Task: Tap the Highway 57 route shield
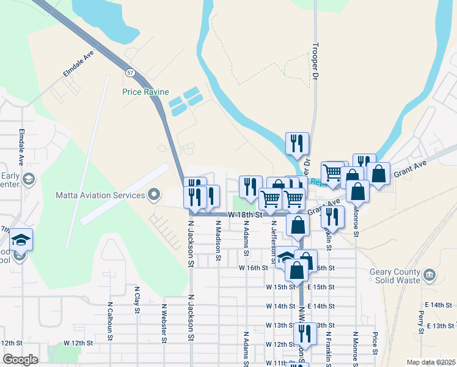[x=130, y=72]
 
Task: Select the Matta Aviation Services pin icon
[x=153, y=195]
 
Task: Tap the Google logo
[x=20, y=359]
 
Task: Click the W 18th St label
[x=246, y=215]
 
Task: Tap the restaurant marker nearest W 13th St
[x=304, y=333]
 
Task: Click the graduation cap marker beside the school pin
[x=21, y=239]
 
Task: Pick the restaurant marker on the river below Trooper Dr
[x=297, y=144]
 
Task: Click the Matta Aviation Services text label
[x=100, y=195]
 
